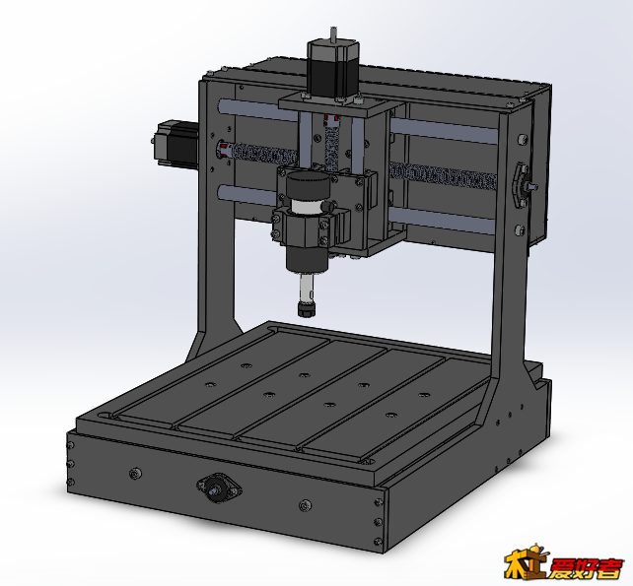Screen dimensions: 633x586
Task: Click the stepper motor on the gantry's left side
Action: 176,144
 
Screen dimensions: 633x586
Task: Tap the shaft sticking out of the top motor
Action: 333,33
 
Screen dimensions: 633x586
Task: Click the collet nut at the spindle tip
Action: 307,309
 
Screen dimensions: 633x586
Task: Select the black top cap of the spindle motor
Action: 308,185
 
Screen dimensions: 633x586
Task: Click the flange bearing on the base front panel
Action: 219,488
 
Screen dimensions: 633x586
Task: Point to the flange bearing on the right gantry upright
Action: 522,185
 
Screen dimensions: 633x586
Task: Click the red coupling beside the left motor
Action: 223,150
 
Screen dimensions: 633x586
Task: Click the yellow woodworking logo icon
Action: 526,561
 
